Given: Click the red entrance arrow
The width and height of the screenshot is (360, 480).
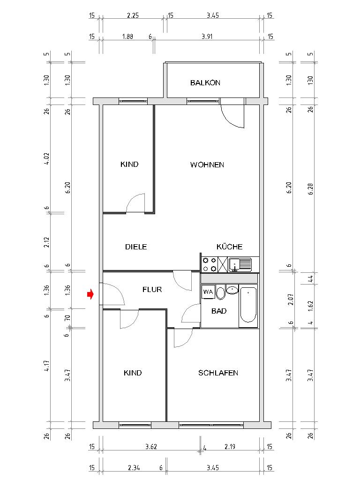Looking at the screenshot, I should point(90,294).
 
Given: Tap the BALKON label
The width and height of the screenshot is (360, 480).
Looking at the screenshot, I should point(205,83).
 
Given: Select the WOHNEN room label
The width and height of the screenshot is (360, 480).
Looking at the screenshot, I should point(207,165).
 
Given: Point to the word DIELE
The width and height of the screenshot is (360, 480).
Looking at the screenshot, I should point(136,247).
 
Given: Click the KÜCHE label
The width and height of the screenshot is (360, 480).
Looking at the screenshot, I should point(229,247).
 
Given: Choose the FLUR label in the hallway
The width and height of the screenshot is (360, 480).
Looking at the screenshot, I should point(152,290).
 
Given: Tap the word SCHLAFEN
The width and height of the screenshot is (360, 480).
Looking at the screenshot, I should point(218,373).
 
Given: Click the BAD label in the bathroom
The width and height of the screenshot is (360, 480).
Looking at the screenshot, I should point(219,311).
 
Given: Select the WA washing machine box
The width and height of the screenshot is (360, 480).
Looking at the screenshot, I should point(208,292).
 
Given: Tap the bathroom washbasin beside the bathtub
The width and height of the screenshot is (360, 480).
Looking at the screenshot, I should point(232,290).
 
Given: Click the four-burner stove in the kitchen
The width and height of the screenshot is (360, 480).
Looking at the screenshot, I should point(209,265).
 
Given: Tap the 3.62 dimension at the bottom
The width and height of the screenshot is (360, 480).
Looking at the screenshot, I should point(150,447).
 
